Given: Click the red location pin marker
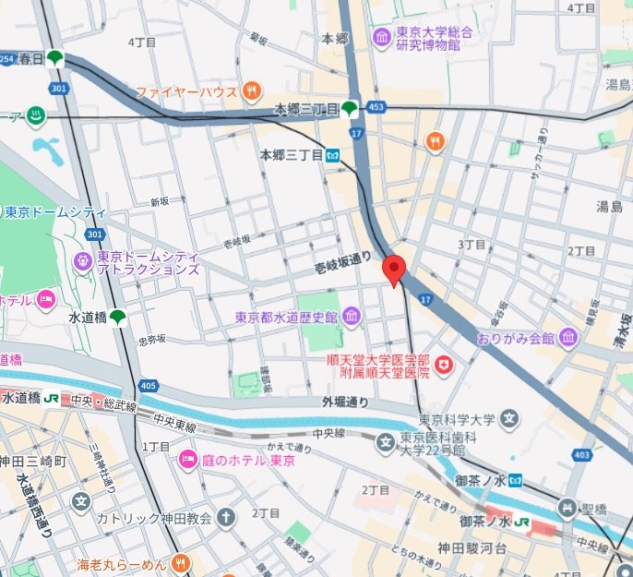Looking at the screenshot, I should click(x=394, y=270).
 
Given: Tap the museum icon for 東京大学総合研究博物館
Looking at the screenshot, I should click(x=381, y=38).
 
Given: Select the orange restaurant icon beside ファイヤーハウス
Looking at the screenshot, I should click(x=252, y=91).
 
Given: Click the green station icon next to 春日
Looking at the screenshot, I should click(x=55, y=58).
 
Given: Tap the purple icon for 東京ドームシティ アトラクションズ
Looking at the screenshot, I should click(x=82, y=262).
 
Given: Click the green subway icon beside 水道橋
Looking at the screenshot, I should click(x=118, y=318).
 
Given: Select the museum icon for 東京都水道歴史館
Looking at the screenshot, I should click(x=351, y=318).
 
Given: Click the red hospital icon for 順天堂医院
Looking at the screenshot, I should click(x=445, y=367).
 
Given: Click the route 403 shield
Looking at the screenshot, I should click(x=581, y=455).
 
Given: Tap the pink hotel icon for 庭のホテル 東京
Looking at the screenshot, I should click(x=188, y=459).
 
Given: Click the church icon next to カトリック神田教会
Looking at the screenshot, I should click(x=226, y=518).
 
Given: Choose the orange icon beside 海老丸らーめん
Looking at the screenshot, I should click(x=180, y=561).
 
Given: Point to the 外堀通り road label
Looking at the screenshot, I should click(x=344, y=402).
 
